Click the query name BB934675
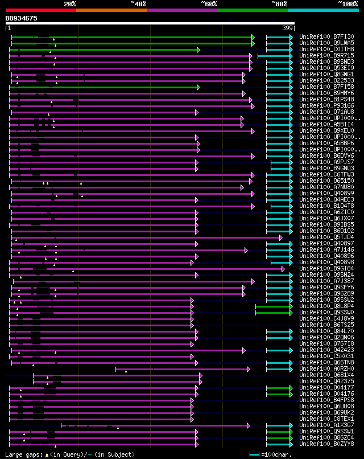[x=22, y=18]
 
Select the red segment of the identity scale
[x=40, y=10]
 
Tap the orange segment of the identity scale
[x=111, y=10]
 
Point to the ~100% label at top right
[x=348, y=3]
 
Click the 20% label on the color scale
[x=70, y=3]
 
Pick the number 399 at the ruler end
[x=288, y=28]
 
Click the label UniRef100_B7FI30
[x=326, y=36]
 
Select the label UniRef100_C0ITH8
[x=326, y=50]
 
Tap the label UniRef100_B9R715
[x=326, y=56]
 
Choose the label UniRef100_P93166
[x=326, y=105]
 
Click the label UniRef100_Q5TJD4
[x=326, y=237]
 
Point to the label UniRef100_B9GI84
[x=326, y=268]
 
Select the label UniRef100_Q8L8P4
[x=326, y=306]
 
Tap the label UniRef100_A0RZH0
[x=326, y=368]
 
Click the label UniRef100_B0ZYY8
[x=326, y=444]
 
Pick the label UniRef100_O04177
[x=326, y=387]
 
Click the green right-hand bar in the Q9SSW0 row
[x=273, y=312]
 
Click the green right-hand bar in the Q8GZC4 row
[x=279, y=437]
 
